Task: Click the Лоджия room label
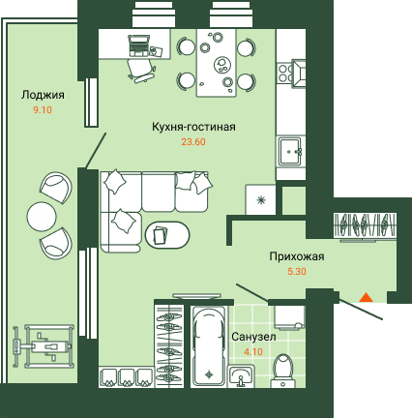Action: (43, 95)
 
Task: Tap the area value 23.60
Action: (193, 142)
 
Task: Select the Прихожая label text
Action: (297, 256)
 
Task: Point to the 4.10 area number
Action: (253, 351)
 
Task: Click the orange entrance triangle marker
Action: (366, 297)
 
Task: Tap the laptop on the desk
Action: (139, 45)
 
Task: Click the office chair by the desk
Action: (141, 71)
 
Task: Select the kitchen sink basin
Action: (290, 152)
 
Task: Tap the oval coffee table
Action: (167, 234)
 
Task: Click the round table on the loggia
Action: (42, 217)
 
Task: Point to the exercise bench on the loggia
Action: (43, 346)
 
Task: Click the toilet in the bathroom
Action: (283, 371)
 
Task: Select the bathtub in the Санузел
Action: (208, 346)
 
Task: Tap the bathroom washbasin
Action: (241, 376)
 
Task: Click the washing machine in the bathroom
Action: (289, 317)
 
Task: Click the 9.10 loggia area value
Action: (43, 110)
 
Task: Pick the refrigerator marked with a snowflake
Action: (260, 200)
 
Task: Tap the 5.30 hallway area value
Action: (297, 272)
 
